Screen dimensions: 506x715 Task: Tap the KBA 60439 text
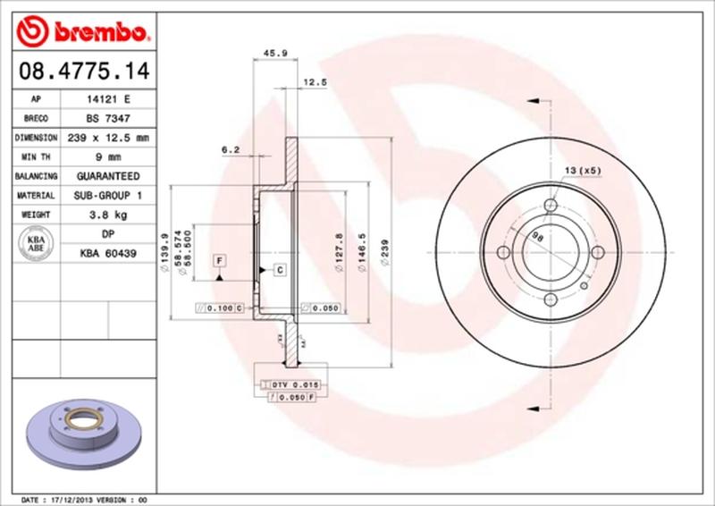pyautogui.click(x=107, y=254)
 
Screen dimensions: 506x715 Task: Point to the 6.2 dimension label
pyautogui.click(x=231, y=150)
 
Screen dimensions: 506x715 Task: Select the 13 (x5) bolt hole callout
pyautogui.click(x=581, y=170)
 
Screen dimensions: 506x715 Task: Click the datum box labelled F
pyautogui.click(x=218, y=260)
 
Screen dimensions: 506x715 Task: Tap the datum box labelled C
pyautogui.click(x=279, y=269)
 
